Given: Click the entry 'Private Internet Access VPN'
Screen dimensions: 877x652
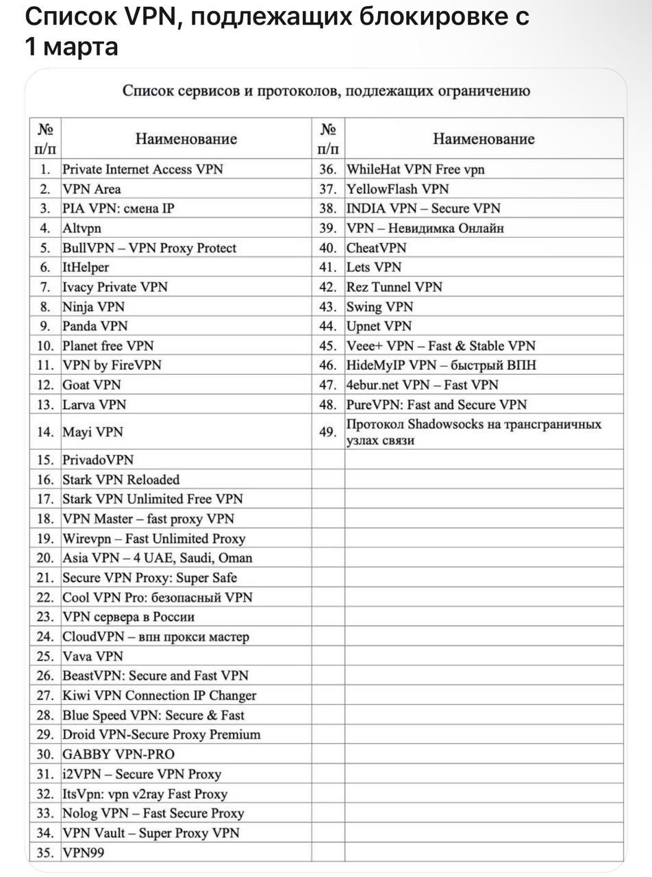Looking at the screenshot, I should tap(142, 169).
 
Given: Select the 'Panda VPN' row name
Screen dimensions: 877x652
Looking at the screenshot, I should tap(95, 326).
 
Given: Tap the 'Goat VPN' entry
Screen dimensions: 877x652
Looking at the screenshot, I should tap(92, 385).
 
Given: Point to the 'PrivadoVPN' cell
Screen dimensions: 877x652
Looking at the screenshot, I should tap(98, 460).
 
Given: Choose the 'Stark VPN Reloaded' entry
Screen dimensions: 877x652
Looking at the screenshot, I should tap(121, 480).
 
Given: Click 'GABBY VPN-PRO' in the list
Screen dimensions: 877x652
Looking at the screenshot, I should tap(118, 754).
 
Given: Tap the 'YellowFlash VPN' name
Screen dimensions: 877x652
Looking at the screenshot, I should tap(397, 189).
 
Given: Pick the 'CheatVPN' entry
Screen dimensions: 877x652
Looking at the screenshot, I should tap(376, 248).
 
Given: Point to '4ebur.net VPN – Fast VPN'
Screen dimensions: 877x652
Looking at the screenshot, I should tap(422, 385).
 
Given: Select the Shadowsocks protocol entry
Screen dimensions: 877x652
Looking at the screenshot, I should tap(473, 432).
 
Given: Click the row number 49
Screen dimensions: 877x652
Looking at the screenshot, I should tap(328, 432).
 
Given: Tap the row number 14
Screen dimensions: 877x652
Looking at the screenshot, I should tap(45, 432).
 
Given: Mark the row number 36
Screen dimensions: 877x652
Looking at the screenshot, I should tap(328, 169).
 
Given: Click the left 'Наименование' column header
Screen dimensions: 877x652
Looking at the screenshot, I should tap(186, 139).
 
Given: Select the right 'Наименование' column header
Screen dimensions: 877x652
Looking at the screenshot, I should tap(484, 139).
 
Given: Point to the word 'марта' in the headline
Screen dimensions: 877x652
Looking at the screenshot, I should tap(81, 47).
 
